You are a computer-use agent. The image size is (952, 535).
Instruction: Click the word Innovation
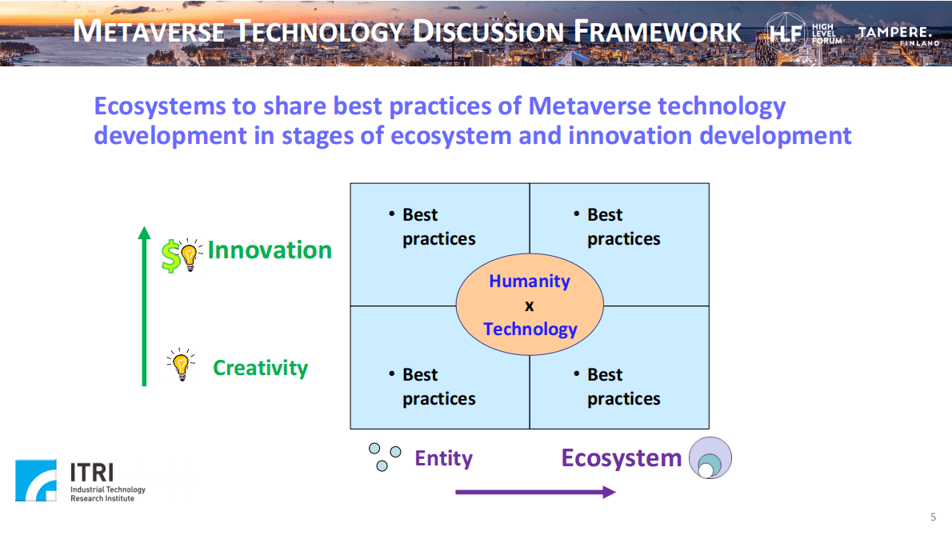pyautogui.click(x=270, y=250)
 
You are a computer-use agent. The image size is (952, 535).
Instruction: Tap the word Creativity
pyautogui.click(x=261, y=368)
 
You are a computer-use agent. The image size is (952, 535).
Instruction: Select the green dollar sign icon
pyautogui.click(x=170, y=255)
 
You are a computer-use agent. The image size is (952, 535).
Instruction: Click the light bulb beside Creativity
pyautogui.click(x=181, y=365)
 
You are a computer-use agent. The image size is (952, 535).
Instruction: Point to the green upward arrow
pyautogui.click(x=144, y=305)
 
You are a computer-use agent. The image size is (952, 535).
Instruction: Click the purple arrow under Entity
pyautogui.click(x=535, y=492)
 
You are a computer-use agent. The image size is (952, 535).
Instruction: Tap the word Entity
pyautogui.click(x=443, y=458)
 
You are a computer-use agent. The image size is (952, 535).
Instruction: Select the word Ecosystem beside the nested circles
pyautogui.click(x=621, y=458)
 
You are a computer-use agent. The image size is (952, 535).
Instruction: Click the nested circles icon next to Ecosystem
pyautogui.click(x=710, y=458)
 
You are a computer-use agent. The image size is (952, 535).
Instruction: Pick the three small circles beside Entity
pyautogui.click(x=385, y=457)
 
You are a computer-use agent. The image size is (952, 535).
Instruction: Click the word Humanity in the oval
pyautogui.click(x=530, y=281)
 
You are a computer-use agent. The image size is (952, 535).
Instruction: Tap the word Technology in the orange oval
pyautogui.click(x=530, y=329)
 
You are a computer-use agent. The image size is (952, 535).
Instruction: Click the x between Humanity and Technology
pyautogui.click(x=530, y=305)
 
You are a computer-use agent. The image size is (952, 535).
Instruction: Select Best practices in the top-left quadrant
pyautogui.click(x=438, y=227)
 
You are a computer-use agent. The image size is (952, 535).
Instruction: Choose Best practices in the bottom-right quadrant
pyautogui.click(x=623, y=386)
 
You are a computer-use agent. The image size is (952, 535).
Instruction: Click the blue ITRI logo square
pyautogui.click(x=36, y=481)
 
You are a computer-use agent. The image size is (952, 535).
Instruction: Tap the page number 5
pyautogui.click(x=933, y=517)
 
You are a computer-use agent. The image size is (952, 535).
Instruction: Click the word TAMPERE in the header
pyautogui.click(x=894, y=32)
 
